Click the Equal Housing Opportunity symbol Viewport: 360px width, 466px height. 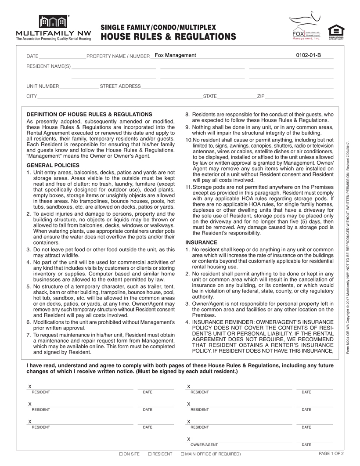point(336,31)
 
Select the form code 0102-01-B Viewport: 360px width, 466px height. point(309,55)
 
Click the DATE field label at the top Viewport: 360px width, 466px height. point(32,57)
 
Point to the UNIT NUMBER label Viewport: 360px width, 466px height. point(43,87)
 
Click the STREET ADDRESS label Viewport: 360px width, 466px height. point(120,87)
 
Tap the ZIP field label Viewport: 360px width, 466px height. point(261,96)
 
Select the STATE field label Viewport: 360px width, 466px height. point(210,96)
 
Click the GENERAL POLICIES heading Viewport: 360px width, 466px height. point(53,165)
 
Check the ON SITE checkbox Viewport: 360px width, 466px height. point(121,454)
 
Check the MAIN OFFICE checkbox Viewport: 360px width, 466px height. point(183,454)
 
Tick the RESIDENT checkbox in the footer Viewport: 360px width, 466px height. point(150,454)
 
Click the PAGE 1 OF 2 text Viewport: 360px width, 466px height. point(331,453)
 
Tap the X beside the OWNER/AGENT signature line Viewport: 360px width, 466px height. point(189,439)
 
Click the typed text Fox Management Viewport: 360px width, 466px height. point(175,55)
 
